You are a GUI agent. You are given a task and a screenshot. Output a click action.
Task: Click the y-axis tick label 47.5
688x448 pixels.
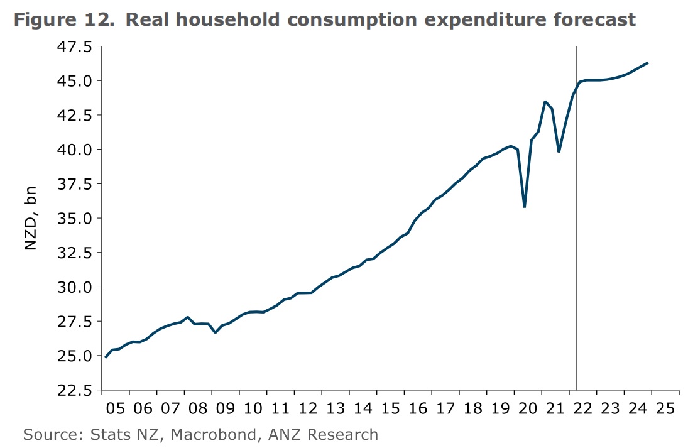74,47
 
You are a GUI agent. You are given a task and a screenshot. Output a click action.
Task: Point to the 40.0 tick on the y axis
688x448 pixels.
74,150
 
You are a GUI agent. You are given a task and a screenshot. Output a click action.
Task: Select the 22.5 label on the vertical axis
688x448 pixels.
74,390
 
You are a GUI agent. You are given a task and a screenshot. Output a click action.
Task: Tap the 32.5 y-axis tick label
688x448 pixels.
74,253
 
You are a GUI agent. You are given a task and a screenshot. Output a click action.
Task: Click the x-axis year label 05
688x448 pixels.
116,408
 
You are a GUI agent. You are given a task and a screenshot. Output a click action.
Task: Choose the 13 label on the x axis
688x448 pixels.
335,408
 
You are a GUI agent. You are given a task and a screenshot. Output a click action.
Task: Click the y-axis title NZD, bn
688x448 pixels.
31,219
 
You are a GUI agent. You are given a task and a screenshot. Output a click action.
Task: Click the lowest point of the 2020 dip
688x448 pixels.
524,207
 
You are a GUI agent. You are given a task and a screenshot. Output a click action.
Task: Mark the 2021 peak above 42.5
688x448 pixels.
545,102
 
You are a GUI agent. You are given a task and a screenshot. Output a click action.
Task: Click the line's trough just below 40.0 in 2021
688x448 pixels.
559,151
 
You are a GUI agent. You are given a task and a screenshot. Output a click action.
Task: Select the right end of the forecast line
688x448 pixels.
647,63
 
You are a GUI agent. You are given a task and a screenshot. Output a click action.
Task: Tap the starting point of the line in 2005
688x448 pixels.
106,357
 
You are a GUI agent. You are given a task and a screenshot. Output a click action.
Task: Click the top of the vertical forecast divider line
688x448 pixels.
576,47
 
